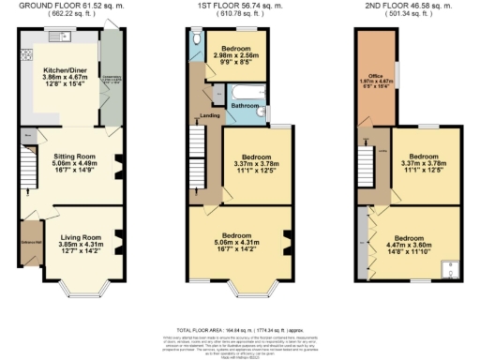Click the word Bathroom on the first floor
tap(246, 106)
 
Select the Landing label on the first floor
tap(210, 115)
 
